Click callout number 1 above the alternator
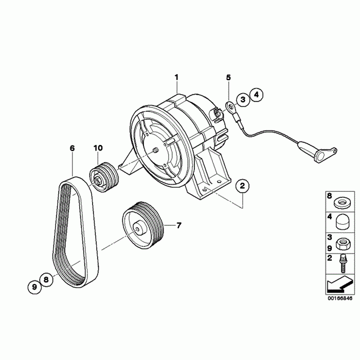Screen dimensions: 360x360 pos(176,78)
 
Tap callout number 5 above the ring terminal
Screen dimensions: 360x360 pos(229,78)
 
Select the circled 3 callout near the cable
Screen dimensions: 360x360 pos(242,100)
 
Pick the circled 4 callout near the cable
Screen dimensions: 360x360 pos(256,94)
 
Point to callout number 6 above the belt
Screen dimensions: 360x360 pos(72,148)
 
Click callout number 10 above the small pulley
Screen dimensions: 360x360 pos(98,148)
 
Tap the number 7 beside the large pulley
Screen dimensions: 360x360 pos(179,225)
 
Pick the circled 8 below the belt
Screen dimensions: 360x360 pos(46,280)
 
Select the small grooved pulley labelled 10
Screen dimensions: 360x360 pos(104,177)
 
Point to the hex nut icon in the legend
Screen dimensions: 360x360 pos(340,243)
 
